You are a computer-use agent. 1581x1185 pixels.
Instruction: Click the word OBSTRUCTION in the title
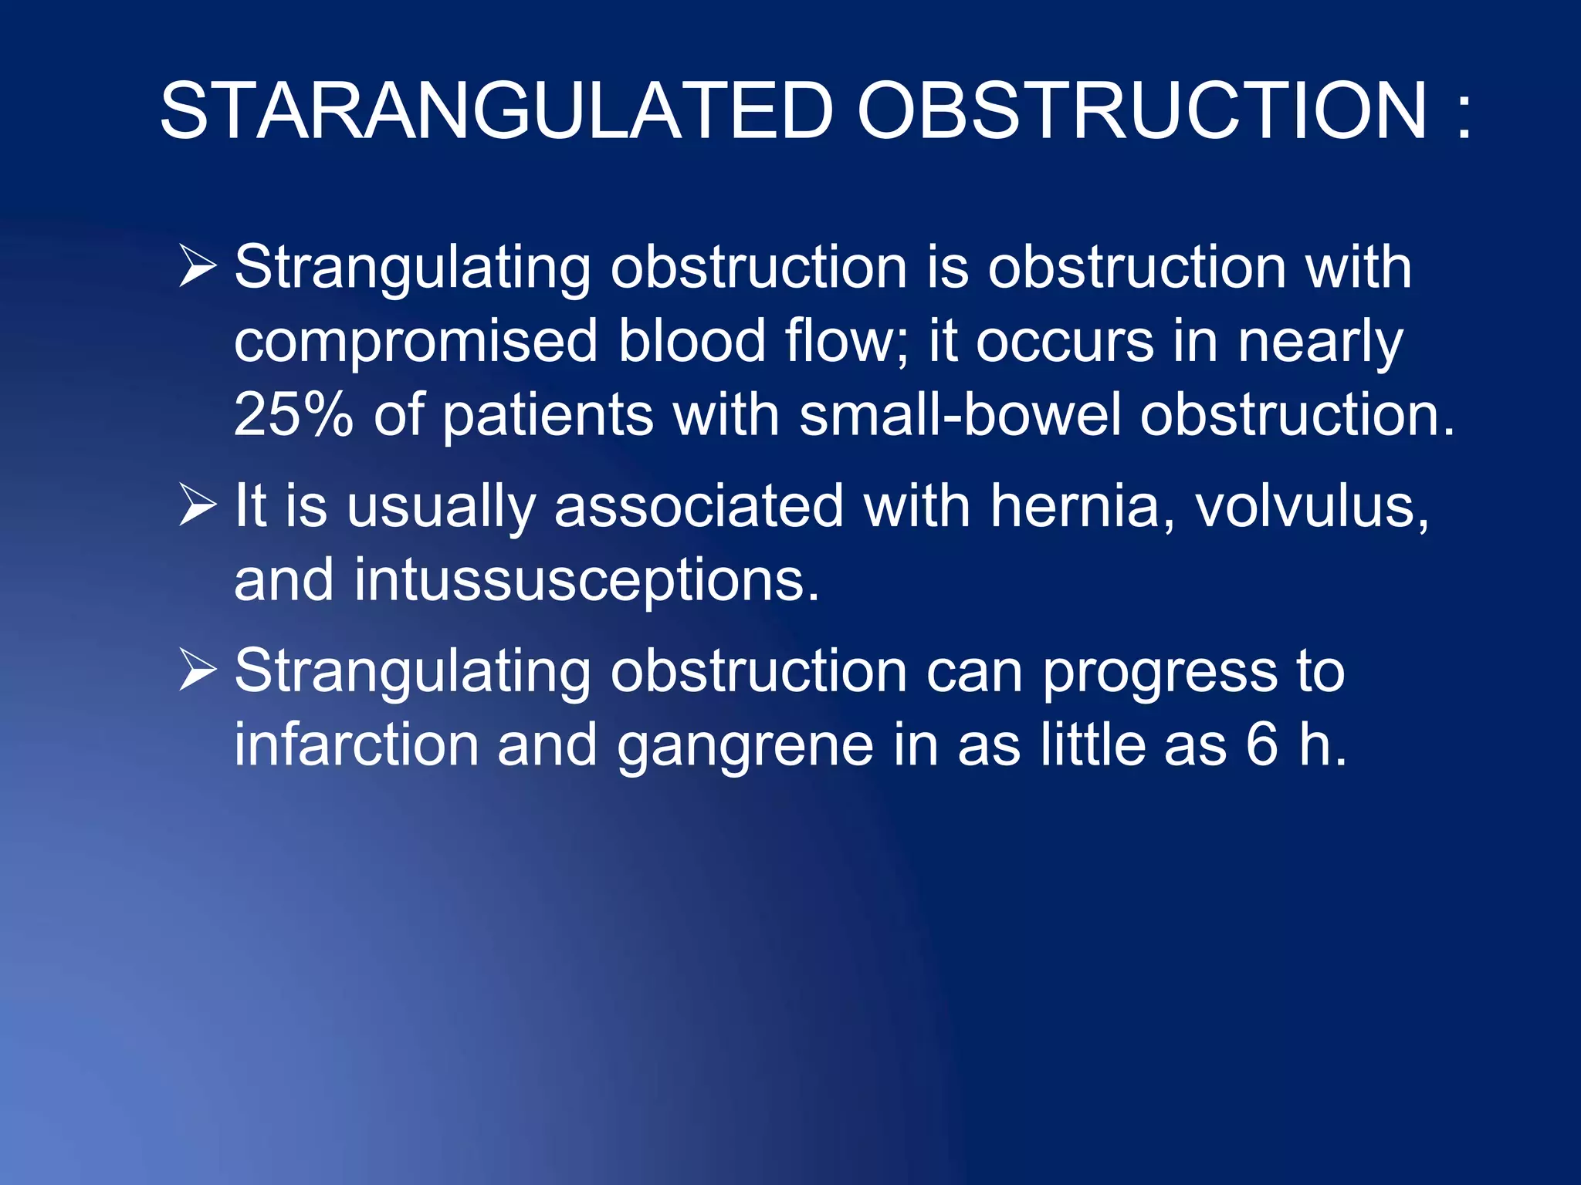click(1143, 113)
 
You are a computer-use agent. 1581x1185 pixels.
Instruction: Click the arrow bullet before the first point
click(198, 266)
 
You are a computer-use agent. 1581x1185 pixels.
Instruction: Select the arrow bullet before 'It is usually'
click(198, 505)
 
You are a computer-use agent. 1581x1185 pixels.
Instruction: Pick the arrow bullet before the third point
click(198, 670)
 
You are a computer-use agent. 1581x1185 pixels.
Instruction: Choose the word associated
click(699, 507)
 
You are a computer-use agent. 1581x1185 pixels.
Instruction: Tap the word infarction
click(356, 744)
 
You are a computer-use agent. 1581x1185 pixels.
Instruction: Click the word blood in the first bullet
click(691, 341)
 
